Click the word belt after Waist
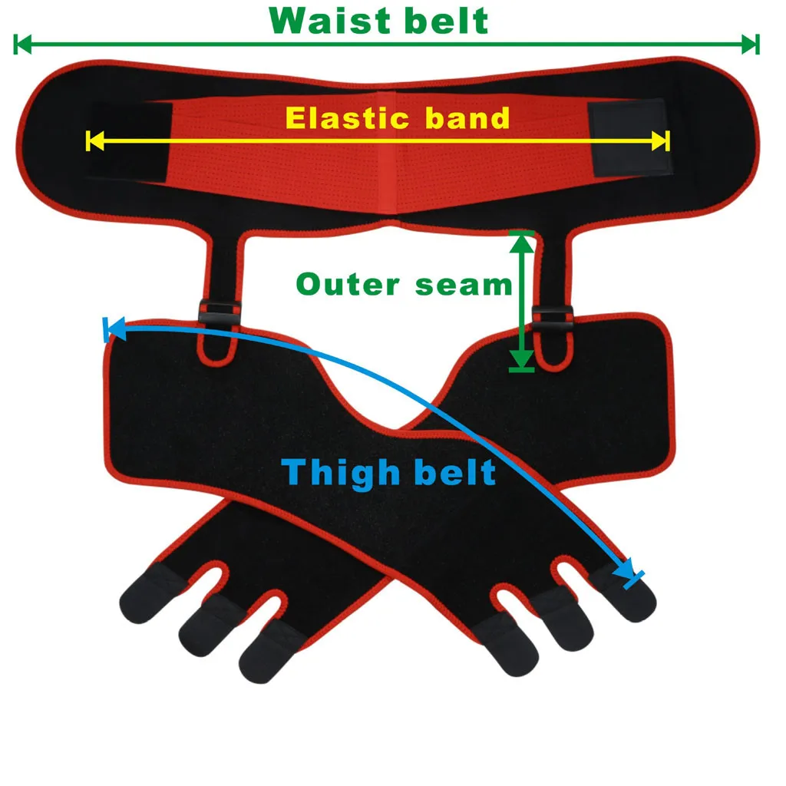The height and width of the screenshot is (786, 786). tap(449, 21)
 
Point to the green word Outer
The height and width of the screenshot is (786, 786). tap(348, 285)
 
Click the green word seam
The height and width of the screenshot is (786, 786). tap(464, 285)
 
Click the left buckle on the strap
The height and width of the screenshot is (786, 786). tap(219, 312)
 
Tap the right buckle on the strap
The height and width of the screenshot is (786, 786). tap(551, 317)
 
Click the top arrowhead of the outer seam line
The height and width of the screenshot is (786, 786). tap(522, 240)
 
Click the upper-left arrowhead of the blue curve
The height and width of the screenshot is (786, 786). tap(114, 329)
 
